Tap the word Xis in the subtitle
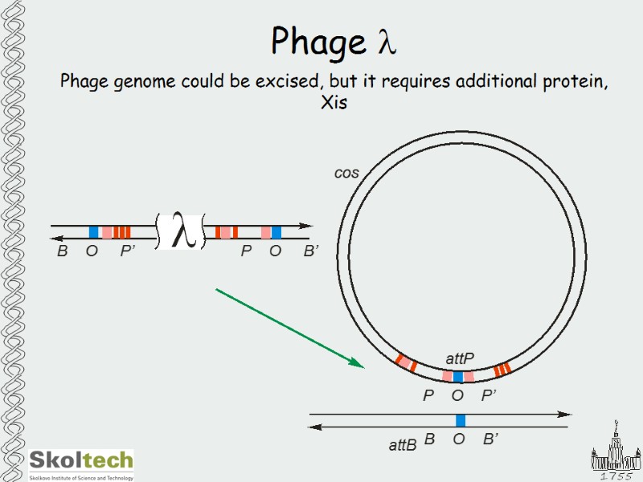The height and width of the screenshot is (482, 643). (334, 103)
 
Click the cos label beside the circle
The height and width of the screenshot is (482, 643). (346, 174)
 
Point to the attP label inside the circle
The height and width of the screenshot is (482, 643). (460, 358)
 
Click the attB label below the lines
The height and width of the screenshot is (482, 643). (403, 444)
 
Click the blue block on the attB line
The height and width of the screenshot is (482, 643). (461, 420)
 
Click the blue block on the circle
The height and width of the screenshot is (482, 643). (458, 376)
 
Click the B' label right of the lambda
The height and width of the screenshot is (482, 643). (312, 251)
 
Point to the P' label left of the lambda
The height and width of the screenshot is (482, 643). (128, 251)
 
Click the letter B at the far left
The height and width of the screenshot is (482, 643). (62, 251)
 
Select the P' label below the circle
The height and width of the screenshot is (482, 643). (489, 395)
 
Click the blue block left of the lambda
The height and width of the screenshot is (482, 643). (93, 232)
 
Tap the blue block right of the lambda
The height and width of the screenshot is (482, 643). (276, 232)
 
